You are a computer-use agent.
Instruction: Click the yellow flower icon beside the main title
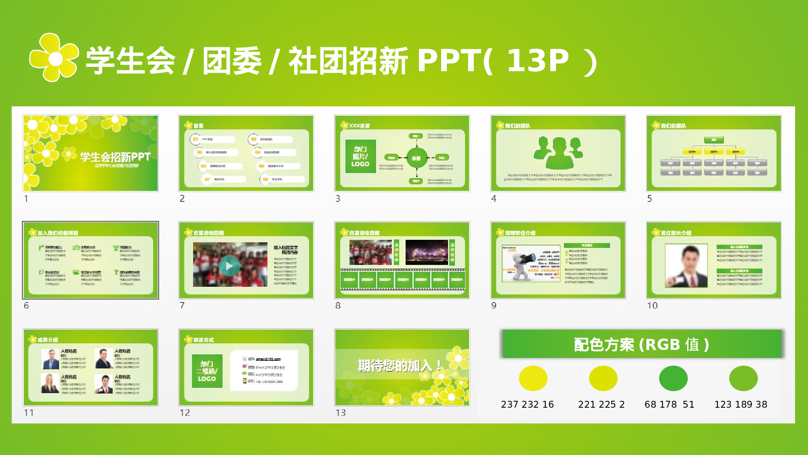(54, 58)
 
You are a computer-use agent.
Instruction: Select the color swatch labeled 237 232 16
(533, 378)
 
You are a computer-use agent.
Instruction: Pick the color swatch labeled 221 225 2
(603, 378)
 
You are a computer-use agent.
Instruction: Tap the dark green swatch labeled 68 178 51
(673, 378)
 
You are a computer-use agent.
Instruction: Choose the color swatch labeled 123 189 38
(743, 378)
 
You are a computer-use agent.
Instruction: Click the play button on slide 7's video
(229, 266)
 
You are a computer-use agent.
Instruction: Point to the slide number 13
(341, 413)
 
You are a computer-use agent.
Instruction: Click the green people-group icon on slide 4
(558, 152)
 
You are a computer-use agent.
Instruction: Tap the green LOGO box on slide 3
(360, 156)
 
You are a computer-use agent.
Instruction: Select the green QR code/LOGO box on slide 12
(207, 371)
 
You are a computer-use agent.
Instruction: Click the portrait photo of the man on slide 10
(686, 266)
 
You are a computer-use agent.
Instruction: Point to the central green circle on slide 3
(417, 158)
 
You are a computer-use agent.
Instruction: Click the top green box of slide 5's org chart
(714, 140)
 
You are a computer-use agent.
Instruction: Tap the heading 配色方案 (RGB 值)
(642, 344)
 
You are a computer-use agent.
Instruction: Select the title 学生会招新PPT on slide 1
(115, 157)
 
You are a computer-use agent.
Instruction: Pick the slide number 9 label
(494, 306)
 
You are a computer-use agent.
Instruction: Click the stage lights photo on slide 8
(427, 252)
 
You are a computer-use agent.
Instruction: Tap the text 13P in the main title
(537, 61)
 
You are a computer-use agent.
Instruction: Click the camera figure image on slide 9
(525, 263)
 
